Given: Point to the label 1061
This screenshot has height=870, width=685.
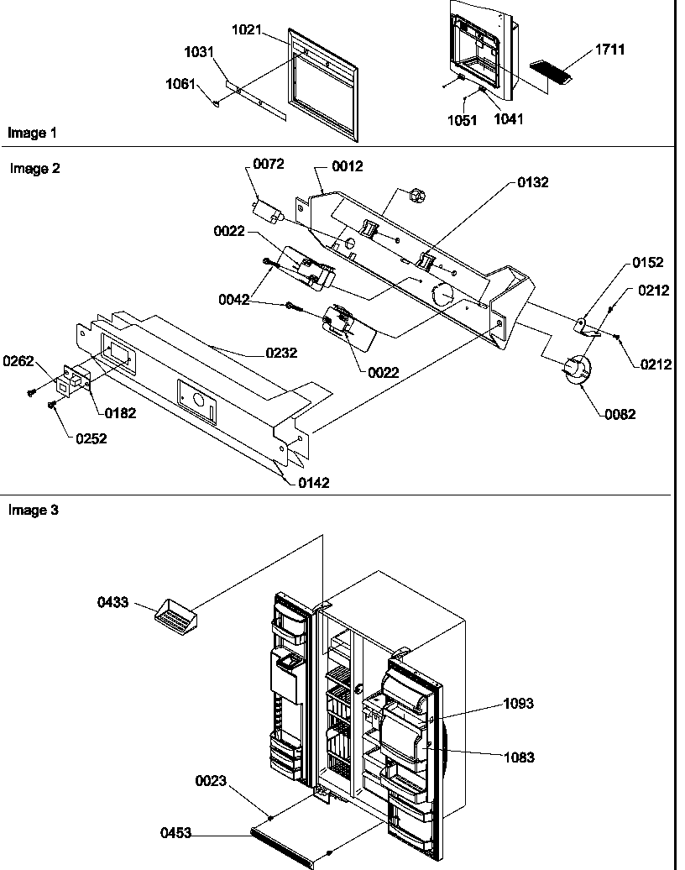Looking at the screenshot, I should [x=182, y=84].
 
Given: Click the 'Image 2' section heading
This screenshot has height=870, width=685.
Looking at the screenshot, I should [x=34, y=168].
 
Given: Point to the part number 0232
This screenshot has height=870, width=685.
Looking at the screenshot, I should [x=282, y=354].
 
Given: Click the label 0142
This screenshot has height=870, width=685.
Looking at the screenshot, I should [x=312, y=483].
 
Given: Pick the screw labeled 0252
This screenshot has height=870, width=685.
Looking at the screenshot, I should [x=52, y=406].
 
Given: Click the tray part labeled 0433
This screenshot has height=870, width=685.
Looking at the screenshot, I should [x=177, y=618].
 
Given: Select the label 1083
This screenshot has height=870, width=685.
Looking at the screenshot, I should [x=518, y=757].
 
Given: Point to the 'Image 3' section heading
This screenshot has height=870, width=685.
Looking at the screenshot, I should [x=34, y=510].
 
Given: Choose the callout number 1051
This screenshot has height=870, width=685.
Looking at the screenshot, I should [x=462, y=120].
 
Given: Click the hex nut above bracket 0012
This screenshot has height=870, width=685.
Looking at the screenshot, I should [x=416, y=197].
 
